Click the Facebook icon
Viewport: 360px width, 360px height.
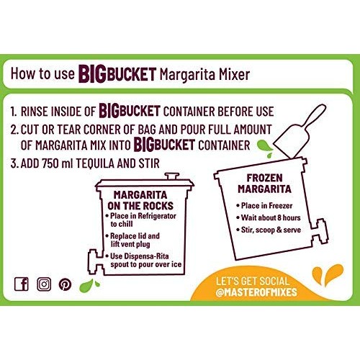(22, 284)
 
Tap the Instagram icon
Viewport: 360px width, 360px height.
(44, 284)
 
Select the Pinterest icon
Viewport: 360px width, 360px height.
(66, 284)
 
